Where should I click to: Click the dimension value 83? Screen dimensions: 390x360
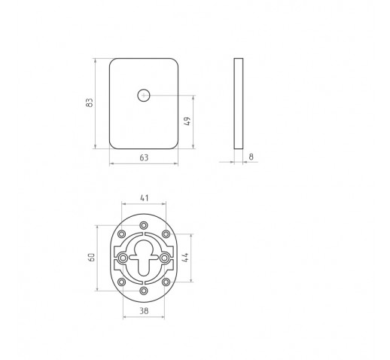[x=89, y=102]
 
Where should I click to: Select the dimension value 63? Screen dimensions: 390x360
[x=144, y=157]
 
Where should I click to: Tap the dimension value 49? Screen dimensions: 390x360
[x=187, y=121]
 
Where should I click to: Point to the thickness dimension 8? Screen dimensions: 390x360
[x=251, y=157]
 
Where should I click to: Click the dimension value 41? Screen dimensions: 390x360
[x=144, y=198]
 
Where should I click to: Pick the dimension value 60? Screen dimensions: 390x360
[x=92, y=257]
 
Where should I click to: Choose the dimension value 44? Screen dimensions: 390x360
[x=185, y=258]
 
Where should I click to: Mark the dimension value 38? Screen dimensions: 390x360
[x=144, y=311]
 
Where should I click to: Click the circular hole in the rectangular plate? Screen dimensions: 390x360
[x=144, y=96]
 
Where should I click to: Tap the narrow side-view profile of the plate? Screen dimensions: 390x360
[x=239, y=104]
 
